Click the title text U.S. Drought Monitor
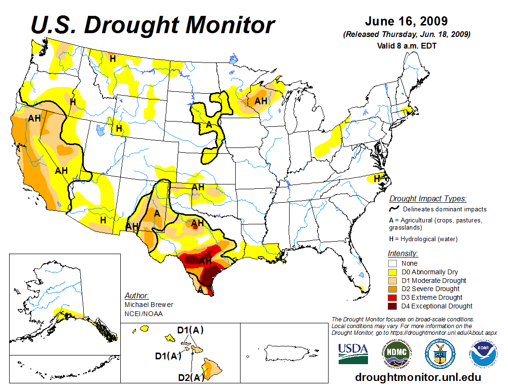[x=153, y=25]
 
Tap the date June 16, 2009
[x=406, y=22]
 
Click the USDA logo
[x=353, y=354]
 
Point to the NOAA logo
[x=482, y=354]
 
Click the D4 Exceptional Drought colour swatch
[x=393, y=306]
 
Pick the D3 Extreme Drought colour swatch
[x=393, y=297]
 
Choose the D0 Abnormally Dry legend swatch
[x=393, y=272]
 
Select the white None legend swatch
[x=393, y=263]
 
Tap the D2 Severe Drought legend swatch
[x=393, y=289]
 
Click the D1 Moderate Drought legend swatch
[x=393, y=281]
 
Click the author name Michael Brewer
[x=149, y=305]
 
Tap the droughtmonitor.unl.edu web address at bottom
[x=418, y=377]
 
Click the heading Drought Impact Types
[x=428, y=198]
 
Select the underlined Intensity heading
[x=403, y=253]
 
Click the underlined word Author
[x=137, y=295]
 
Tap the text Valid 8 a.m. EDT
[x=406, y=46]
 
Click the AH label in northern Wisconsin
[x=261, y=101]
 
